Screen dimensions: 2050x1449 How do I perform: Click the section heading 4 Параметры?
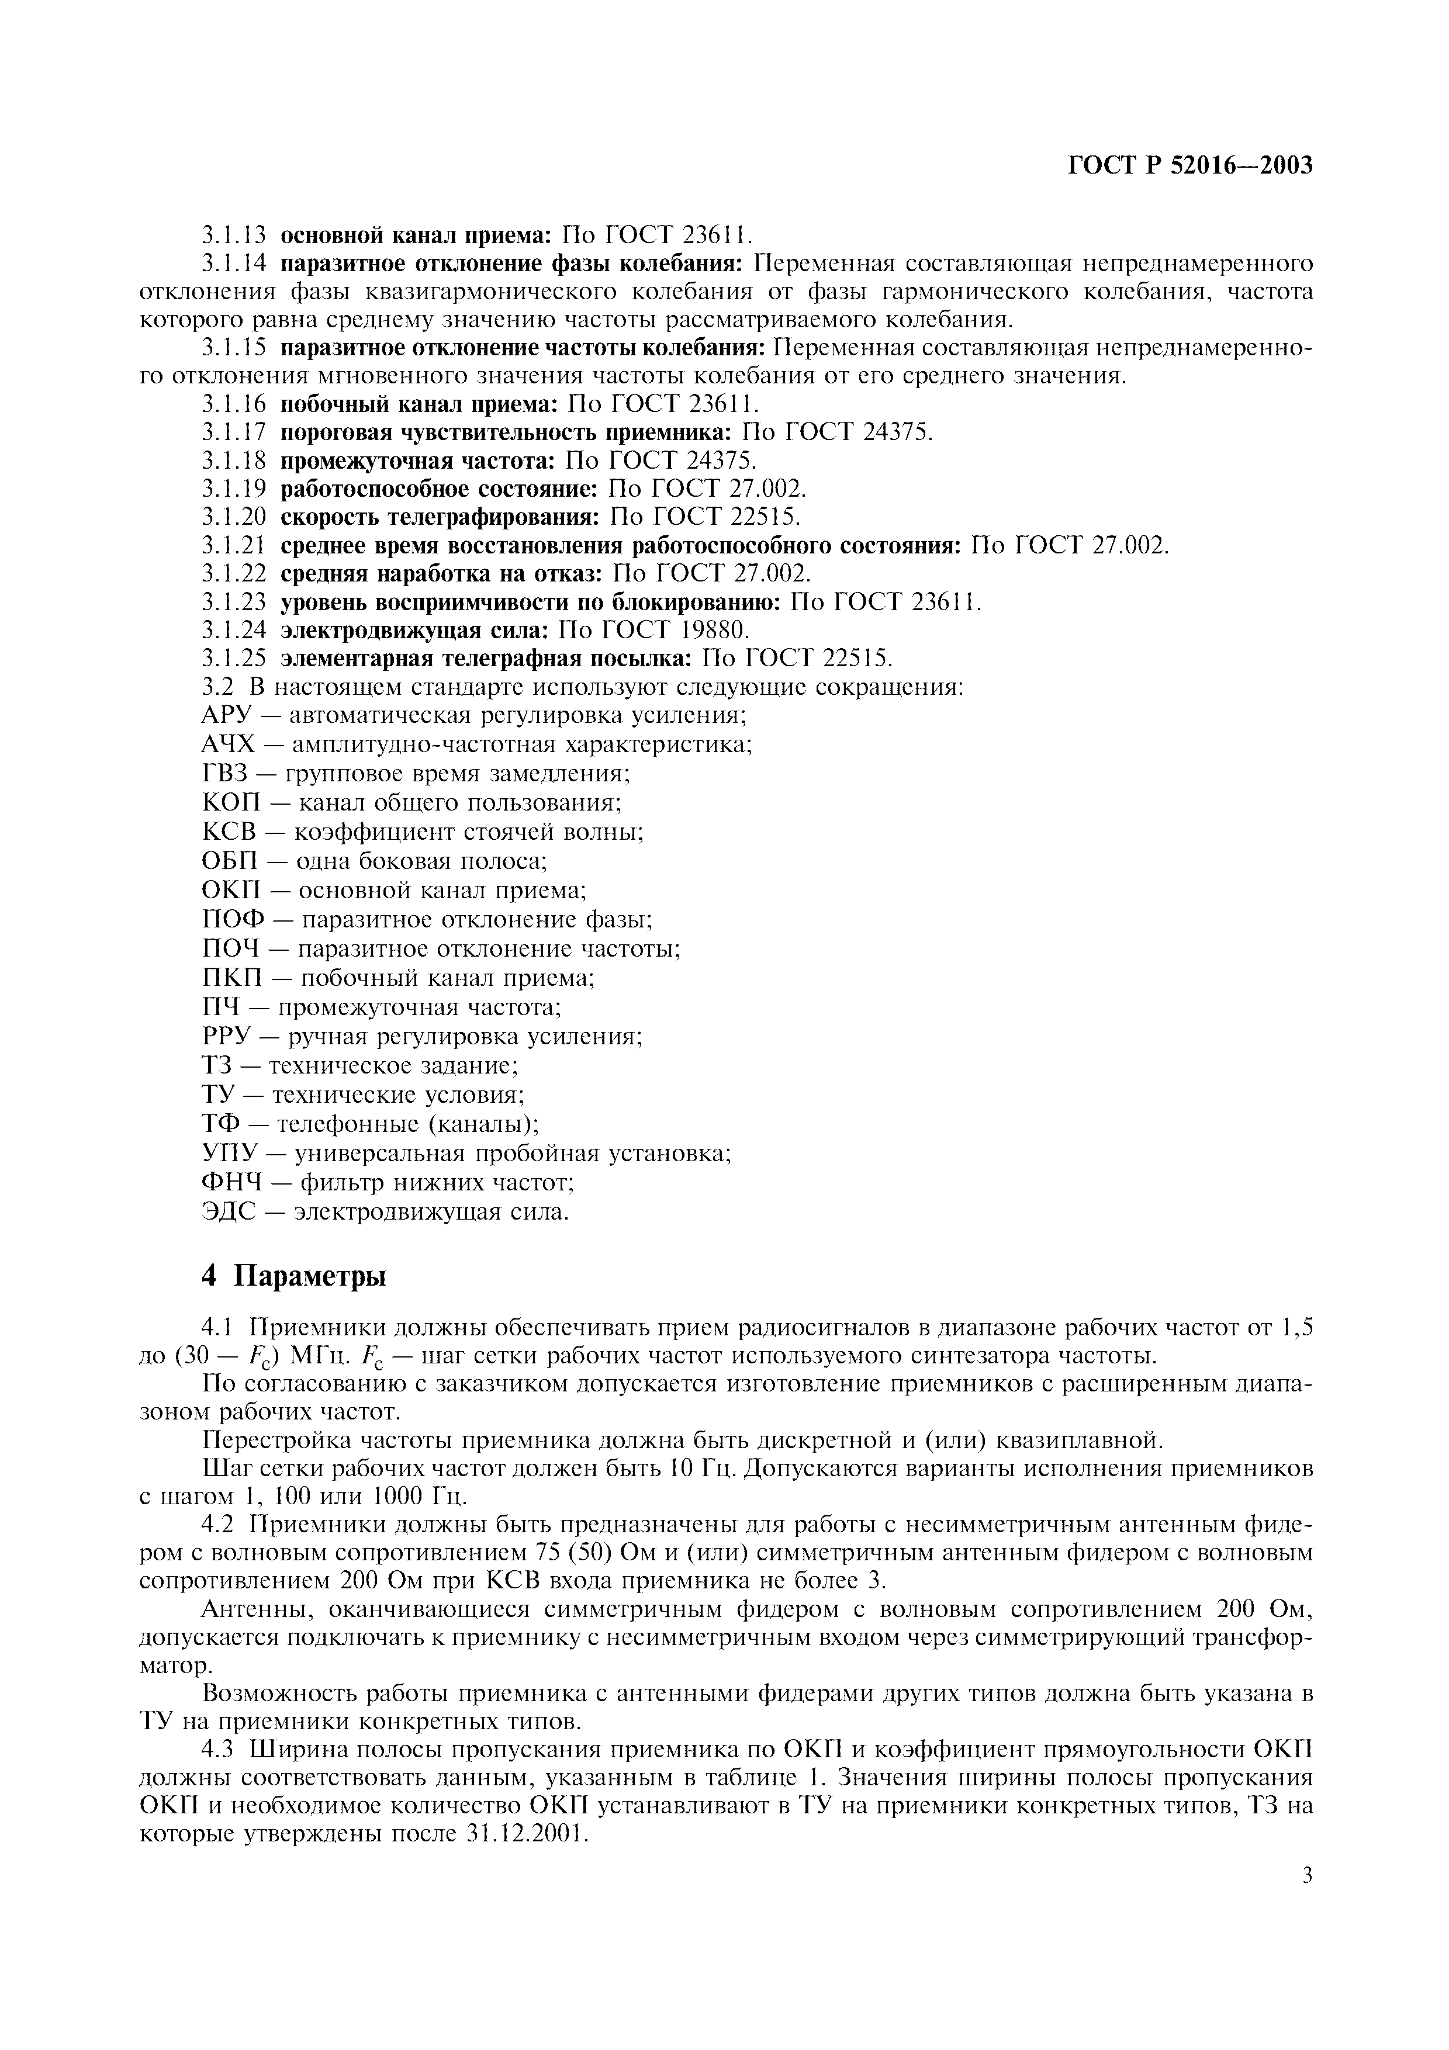(x=294, y=1276)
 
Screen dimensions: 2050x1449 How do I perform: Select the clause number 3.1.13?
(x=234, y=235)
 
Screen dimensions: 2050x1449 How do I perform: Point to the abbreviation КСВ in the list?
(x=230, y=832)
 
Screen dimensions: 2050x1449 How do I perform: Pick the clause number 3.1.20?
(x=234, y=517)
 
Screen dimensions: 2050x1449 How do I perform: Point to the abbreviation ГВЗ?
(x=227, y=774)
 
